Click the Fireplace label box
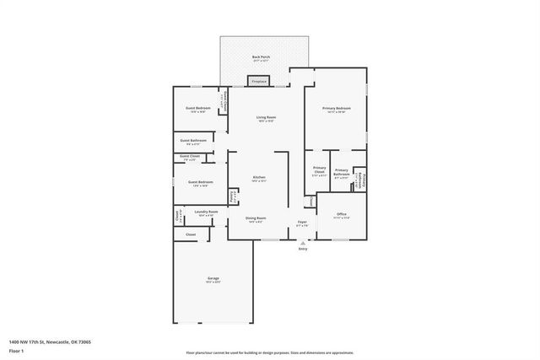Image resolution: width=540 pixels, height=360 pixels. (x=258, y=82)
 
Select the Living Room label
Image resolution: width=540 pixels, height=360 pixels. (x=267, y=118)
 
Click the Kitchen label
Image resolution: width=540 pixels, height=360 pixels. (x=259, y=178)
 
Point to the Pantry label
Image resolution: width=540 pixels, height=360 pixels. (x=233, y=199)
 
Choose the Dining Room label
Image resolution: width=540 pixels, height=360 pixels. (x=256, y=219)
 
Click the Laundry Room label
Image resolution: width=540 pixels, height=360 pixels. (x=205, y=212)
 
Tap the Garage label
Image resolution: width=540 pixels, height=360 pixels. (x=213, y=279)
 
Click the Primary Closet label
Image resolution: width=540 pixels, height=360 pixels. (x=319, y=170)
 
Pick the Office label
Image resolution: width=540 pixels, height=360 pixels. (x=342, y=215)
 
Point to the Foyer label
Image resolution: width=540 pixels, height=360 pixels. (x=302, y=223)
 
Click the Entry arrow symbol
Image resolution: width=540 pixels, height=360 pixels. (x=303, y=243)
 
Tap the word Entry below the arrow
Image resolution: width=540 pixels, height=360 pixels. (x=303, y=249)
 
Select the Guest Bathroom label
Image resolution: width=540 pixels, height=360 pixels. (x=193, y=141)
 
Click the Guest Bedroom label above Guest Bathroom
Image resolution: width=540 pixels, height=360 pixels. (x=198, y=109)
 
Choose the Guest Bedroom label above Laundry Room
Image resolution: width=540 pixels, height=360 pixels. (x=200, y=183)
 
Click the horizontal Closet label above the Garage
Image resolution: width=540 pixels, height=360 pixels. (x=191, y=234)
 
